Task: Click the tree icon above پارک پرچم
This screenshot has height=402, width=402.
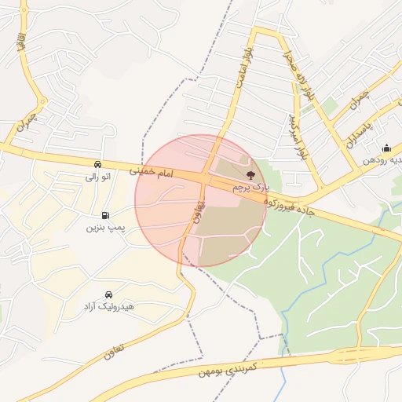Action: click(x=250, y=175)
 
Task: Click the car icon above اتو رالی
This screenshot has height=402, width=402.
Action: click(x=97, y=164)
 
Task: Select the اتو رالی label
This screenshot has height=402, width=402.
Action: click(x=97, y=177)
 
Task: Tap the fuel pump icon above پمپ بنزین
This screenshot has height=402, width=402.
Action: click(x=105, y=214)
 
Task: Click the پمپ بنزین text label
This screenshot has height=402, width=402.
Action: click(x=106, y=228)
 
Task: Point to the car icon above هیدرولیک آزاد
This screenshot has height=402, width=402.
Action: click(x=108, y=293)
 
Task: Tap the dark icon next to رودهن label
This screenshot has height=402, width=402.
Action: click(x=386, y=148)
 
